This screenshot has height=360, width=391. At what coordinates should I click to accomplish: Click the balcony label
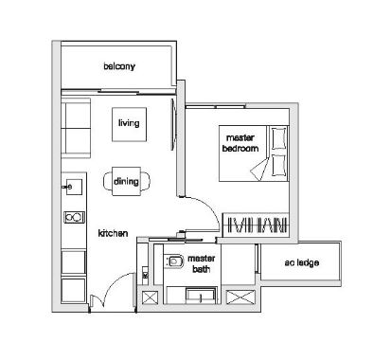coord(119,66)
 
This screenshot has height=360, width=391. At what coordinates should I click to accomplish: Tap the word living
coord(129,122)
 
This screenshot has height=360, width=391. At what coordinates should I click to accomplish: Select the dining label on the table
coord(126,181)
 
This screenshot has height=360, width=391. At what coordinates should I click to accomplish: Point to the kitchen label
coord(113,233)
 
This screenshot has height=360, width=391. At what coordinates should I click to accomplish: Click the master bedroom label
coord(240,143)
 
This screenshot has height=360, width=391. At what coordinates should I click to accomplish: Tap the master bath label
coord(202,263)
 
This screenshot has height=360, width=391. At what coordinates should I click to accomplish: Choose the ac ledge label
coord(301,262)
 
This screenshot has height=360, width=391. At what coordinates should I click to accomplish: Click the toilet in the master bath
coord(174,261)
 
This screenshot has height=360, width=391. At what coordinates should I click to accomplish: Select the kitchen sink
coord(74,187)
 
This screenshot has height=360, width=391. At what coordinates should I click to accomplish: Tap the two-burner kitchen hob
coord(75,217)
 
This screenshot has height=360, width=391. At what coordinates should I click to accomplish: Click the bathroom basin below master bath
coord(201,297)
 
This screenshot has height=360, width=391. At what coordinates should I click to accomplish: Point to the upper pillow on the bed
coord(279,138)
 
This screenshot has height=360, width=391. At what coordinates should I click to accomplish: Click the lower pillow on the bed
coord(279,165)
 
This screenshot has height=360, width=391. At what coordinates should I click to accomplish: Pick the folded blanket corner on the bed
coord(260,169)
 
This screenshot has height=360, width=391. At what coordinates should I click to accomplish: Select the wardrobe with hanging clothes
coord(256,225)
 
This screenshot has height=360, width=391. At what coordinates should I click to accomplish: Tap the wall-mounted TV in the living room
coord(173,124)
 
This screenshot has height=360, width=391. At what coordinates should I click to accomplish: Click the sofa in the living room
coord(76,128)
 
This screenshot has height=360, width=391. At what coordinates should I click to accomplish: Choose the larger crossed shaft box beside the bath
coord(240,297)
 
